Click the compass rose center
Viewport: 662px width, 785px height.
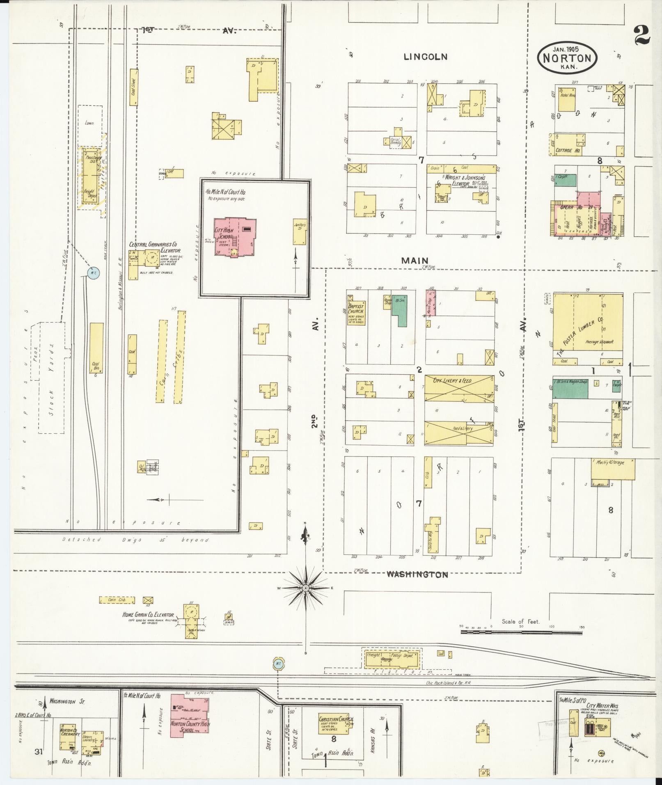click(305, 588)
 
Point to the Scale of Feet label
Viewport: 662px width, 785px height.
click(520, 633)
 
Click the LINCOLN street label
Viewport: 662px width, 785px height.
click(425, 57)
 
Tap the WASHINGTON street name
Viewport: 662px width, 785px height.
click(417, 575)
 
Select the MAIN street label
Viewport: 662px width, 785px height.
click(415, 260)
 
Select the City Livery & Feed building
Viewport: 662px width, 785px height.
click(459, 389)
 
